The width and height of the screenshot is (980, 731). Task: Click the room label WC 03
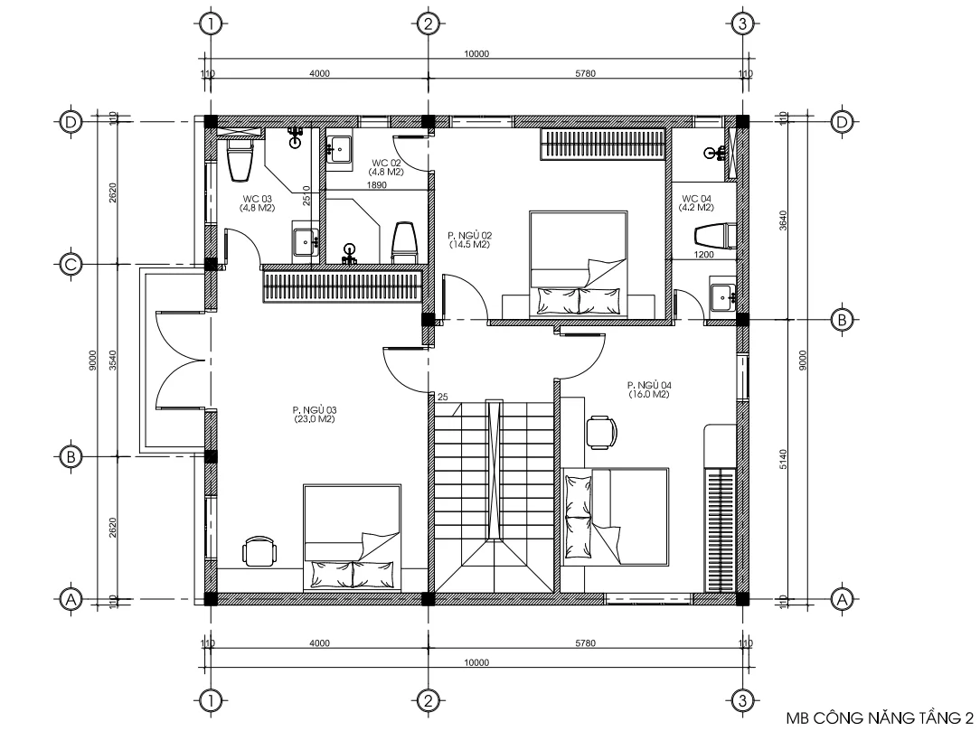tap(257, 198)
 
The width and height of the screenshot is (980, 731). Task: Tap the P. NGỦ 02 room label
tap(468, 235)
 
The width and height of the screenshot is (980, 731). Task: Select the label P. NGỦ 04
tap(648, 385)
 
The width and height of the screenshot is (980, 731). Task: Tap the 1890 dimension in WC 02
tap(376, 185)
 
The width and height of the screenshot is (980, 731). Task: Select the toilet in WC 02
tap(403, 243)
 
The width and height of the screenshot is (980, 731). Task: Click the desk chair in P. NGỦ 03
tap(259, 550)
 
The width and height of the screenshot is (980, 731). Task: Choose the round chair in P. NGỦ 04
tap(600, 431)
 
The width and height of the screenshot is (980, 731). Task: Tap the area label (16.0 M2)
tap(648, 395)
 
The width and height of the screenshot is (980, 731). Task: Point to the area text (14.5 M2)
tap(468, 245)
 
